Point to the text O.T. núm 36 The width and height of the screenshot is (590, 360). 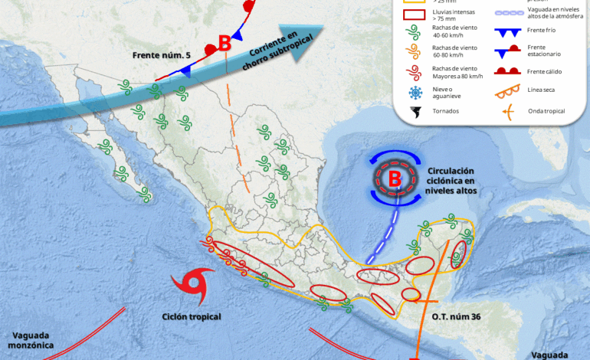coord(455,316)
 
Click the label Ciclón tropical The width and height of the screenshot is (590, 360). coord(192,316)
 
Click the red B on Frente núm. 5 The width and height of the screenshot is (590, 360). coord(225,44)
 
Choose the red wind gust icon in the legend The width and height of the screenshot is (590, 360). coord(415,73)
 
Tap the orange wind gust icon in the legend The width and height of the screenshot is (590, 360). coord(415,52)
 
